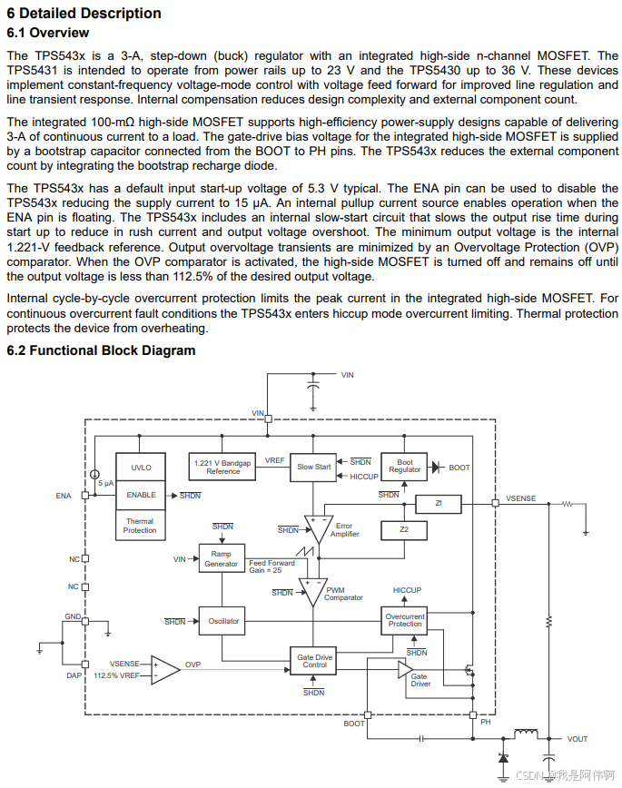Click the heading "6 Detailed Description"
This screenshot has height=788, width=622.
pyautogui.click(x=84, y=14)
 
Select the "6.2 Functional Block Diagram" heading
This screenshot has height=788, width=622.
pyautogui.click(x=101, y=350)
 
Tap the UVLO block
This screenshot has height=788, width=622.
pyautogui.click(x=141, y=468)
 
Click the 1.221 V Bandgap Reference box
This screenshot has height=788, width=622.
pyautogui.click(x=223, y=468)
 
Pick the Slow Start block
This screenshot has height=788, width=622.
pyautogui.click(x=314, y=468)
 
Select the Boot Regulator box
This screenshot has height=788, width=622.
pyautogui.click(x=405, y=467)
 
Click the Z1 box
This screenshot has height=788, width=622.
pyautogui.click(x=438, y=503)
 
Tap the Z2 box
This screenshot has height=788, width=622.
pyautogui.click(x=405, y=529)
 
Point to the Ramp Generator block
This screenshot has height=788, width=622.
pyautogui.click(x=221, y=559)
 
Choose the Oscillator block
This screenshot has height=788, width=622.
pyautogui.click(x=223, y=622)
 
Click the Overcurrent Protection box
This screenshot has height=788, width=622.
pyautogui.click(x=405, y=621)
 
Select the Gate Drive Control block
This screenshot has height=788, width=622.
pyautogui.click(x=314, y=661)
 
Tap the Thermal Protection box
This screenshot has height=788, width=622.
pyautogui.click(x=140, y=526)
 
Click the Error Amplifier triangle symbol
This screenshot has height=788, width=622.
pyautogui.click(x=318, y=529)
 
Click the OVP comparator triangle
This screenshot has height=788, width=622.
pyautogui.click(x=164, y=669)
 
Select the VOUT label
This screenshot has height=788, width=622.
pyautogui.click(x=578, y=739)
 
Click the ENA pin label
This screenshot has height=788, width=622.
pyautogui.click(x=63, y=496)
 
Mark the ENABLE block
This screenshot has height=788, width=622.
pyautogui.click(x=141, y=496)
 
